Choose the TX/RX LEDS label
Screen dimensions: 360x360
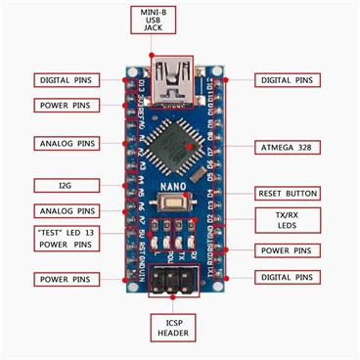pyautogui.click(x=289, y=219)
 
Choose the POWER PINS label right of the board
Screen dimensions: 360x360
pyautogui.click(x=289, y=250)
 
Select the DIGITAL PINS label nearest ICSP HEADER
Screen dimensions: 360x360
pyautogui.click(x=289, y=278)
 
